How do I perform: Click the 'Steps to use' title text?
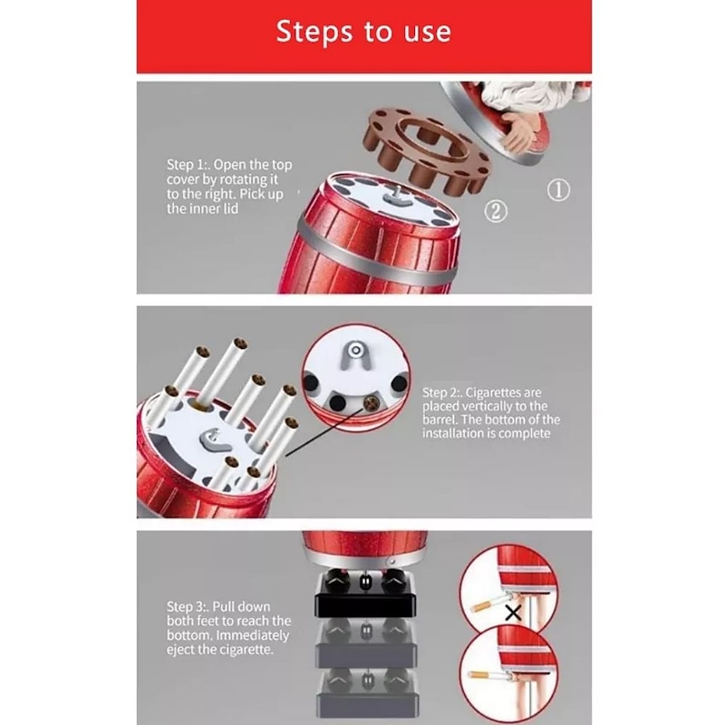(363, 32)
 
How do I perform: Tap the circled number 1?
(558, 190)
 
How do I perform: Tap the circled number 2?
(496, 211)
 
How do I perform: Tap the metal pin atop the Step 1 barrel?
(397, 194)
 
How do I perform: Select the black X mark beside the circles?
(513, 614)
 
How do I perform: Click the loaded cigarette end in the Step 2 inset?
(371, 403)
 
